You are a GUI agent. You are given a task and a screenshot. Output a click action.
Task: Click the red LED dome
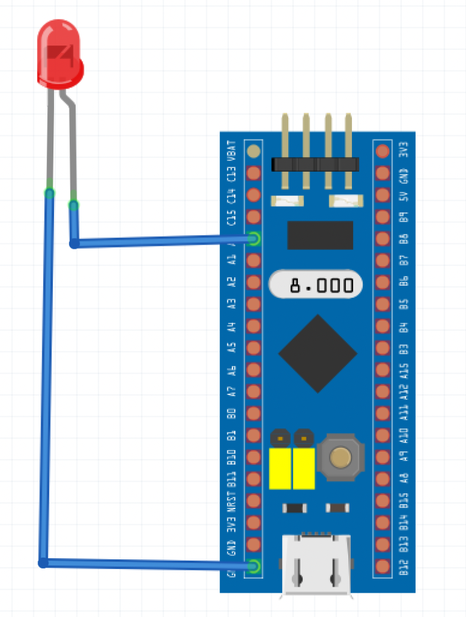pos(59,52)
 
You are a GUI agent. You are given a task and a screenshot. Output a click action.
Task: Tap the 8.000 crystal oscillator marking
pos(316,285)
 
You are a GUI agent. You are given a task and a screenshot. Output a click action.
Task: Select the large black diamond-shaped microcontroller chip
pos(317,353)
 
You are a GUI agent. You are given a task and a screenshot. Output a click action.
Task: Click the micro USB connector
pos(316,564)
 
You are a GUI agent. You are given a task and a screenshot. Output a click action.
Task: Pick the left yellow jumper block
pos(280,468)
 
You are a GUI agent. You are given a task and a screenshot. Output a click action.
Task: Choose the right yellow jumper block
pos(303,468)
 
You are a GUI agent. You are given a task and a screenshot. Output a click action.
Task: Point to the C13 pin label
pos(231,174)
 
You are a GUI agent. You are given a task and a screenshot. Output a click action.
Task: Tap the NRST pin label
pos(231,502)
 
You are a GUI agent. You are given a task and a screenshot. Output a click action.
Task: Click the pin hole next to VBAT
pos(254,151)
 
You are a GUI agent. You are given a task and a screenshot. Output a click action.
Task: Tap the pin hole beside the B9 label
pos(382,217)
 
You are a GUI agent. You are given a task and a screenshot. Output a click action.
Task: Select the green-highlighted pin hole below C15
pos(254,239)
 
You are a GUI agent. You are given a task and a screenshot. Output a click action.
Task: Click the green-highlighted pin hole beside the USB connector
pos(254,567)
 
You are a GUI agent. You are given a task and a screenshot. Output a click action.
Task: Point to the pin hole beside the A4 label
pos(254,326)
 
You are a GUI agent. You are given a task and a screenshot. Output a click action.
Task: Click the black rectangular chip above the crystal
pos(320,235)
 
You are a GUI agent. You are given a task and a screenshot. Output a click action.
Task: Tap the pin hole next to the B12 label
pos(382,567)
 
